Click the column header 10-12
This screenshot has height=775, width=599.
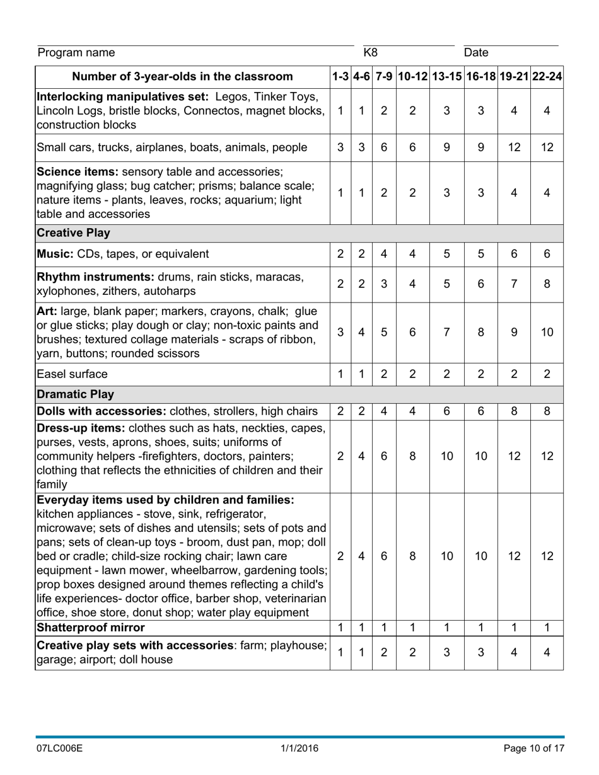coord(412,77)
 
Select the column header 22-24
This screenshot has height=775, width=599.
coord(547,77)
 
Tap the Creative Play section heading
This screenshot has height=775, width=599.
coord(74,233)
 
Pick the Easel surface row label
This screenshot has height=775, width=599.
coord(73,374)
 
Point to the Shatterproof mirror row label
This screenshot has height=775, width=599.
coord(91,628)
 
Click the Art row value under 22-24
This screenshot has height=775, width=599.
coord(547,332)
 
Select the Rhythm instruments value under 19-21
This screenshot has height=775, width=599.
coord(514,284)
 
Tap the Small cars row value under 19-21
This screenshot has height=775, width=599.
coord(514,147)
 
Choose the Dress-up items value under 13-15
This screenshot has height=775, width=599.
coord(446,456)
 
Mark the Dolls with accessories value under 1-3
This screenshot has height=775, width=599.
coord(340,411)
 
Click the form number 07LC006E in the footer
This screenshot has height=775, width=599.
coord(60,749)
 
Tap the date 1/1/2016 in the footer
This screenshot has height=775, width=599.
coord(299,749)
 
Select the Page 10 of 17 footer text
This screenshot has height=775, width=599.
coord(534,749)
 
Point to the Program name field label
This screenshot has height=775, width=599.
coord(76,52)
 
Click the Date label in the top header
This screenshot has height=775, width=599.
coord(476,52)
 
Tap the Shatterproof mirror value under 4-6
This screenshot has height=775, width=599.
coord(361,628)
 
